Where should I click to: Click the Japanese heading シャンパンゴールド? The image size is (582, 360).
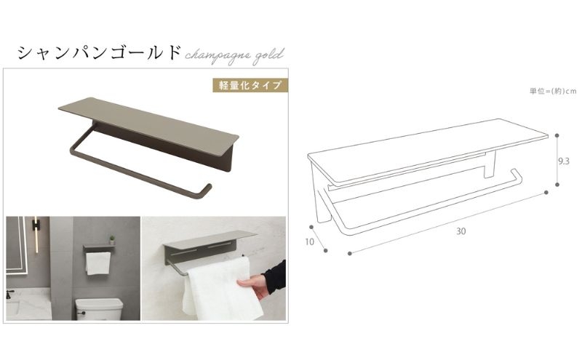point(99,52)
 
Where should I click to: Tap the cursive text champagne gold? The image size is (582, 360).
point(234,55)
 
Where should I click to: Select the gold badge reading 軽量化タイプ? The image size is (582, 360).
point(250,85)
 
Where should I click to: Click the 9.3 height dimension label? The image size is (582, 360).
point(564,161)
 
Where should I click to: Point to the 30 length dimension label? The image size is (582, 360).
point(461,231)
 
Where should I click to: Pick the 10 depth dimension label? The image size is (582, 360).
point(309,242)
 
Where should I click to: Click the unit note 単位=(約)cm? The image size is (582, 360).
point(553,91)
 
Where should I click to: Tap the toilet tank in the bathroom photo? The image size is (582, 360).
point(100,309)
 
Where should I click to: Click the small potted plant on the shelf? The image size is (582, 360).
point(112,240)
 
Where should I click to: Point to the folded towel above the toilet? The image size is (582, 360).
point(98,263)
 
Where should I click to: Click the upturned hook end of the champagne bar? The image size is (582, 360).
point(206,190)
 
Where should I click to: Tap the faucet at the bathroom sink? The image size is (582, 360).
point(9,295)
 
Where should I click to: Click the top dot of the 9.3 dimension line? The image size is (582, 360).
point(557,135)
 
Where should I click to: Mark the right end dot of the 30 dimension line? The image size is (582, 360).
point(546,192)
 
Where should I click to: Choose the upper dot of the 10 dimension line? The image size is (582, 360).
point(311,227)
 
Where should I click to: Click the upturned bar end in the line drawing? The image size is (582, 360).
point(517,176)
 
